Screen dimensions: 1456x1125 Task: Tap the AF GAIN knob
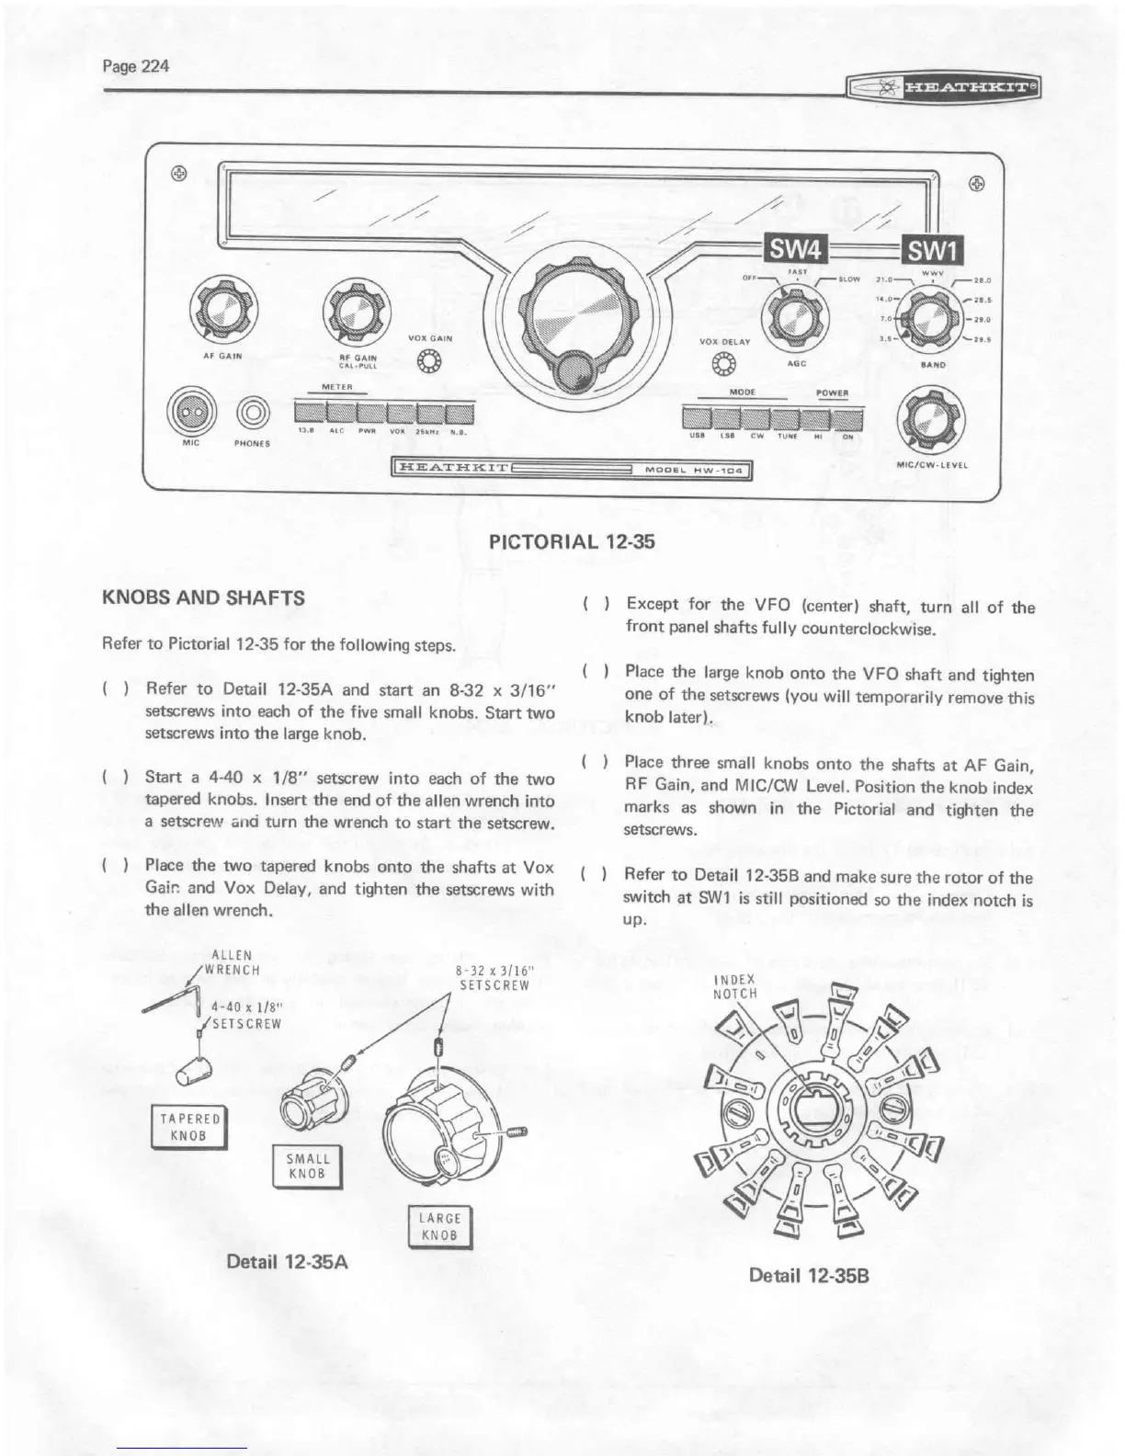[222, 309]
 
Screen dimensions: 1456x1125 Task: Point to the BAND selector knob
[929, 315]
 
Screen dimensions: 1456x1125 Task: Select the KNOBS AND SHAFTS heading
[204, 597]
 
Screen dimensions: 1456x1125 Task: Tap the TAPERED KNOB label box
[190, 1128]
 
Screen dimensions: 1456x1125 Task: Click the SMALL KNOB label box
[308, 1166]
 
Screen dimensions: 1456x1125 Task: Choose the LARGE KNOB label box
[439, 1226]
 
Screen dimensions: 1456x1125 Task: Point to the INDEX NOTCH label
[734, 986]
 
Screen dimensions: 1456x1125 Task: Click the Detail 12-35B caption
[809, 1276]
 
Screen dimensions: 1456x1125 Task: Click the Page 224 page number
[136, 67]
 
